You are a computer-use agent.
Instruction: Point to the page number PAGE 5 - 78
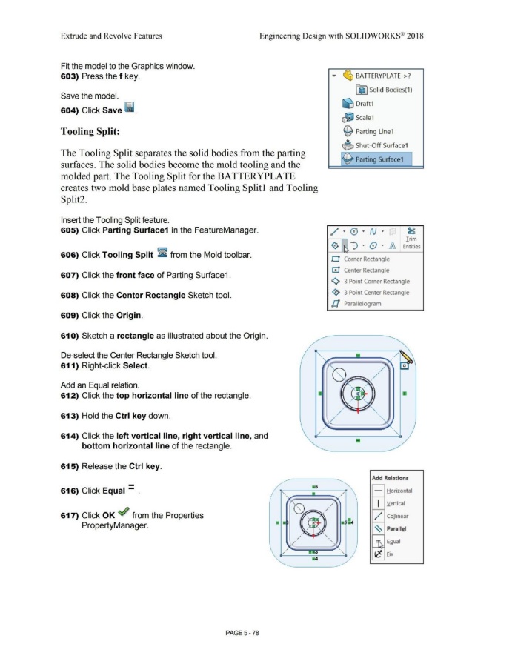coord(257,634)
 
